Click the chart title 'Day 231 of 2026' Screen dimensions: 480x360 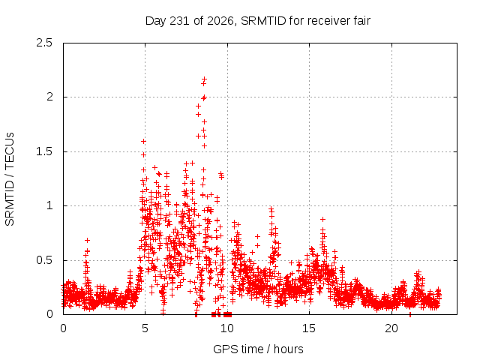point(190,21)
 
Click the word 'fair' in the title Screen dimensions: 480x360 point(362,20)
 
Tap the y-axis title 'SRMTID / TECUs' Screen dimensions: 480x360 point(10,179)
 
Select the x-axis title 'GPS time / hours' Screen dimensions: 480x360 point(258,349)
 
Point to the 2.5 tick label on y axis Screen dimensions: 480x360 point(44,43)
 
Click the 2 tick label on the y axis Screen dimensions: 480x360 point(49,97)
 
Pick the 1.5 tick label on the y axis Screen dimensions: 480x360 point(44,151)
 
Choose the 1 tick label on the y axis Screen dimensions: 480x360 point(50,205)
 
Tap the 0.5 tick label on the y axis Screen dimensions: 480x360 point(44,260)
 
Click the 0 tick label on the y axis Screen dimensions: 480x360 point(49,314)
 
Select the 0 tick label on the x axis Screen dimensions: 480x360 point(63,328)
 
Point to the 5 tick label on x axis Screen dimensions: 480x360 point(145,328)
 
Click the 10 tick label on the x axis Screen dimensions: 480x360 point(227,328)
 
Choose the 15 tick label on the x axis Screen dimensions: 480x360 point(309,328)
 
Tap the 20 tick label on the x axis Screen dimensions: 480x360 point(391,328)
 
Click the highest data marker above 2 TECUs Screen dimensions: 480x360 point(204,79)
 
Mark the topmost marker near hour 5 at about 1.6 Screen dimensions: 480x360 point(143,142)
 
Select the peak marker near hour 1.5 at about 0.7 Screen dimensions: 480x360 point(87,240)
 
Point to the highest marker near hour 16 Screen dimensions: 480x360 point(322,219)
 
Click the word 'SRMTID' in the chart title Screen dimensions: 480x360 point(263,21)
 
